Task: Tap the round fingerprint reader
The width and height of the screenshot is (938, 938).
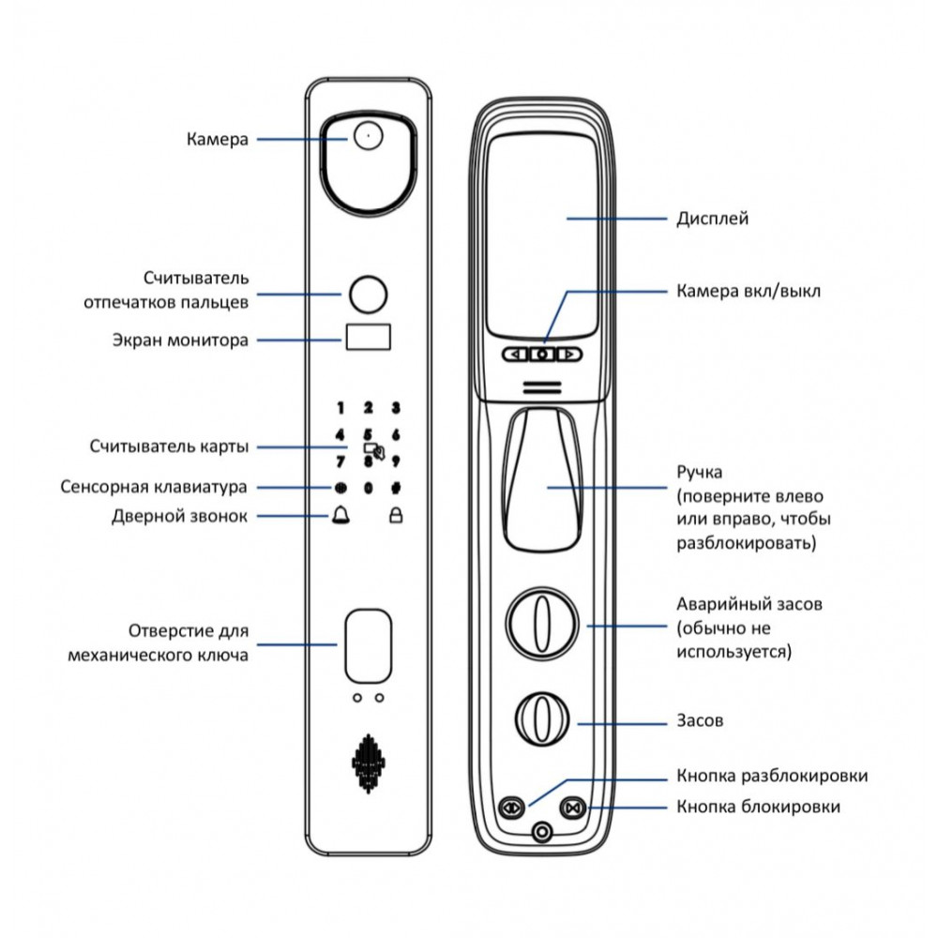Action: pos(368,294)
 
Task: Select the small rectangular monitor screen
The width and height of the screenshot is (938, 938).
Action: pos(368,338)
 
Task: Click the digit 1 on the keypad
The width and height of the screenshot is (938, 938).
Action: pos(340,408)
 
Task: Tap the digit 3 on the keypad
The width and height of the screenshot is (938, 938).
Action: pos(396,408)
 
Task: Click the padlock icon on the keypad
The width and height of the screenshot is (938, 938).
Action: pos(396,515)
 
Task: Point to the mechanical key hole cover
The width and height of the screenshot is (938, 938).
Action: pos(368,645)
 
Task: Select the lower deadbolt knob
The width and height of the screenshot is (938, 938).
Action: pos(540,720)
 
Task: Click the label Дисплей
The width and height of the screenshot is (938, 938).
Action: pos(712,219)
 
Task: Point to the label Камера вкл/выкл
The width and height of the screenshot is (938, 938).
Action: pos(748,291)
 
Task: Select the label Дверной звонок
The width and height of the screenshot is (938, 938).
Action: pos(180,516)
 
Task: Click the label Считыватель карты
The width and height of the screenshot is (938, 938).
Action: pos(170,446)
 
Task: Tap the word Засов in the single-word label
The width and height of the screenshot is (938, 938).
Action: pos(700,721)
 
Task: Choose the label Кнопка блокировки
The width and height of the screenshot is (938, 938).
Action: pos(758,807)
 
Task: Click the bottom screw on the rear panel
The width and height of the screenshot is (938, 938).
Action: pos(540,832)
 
